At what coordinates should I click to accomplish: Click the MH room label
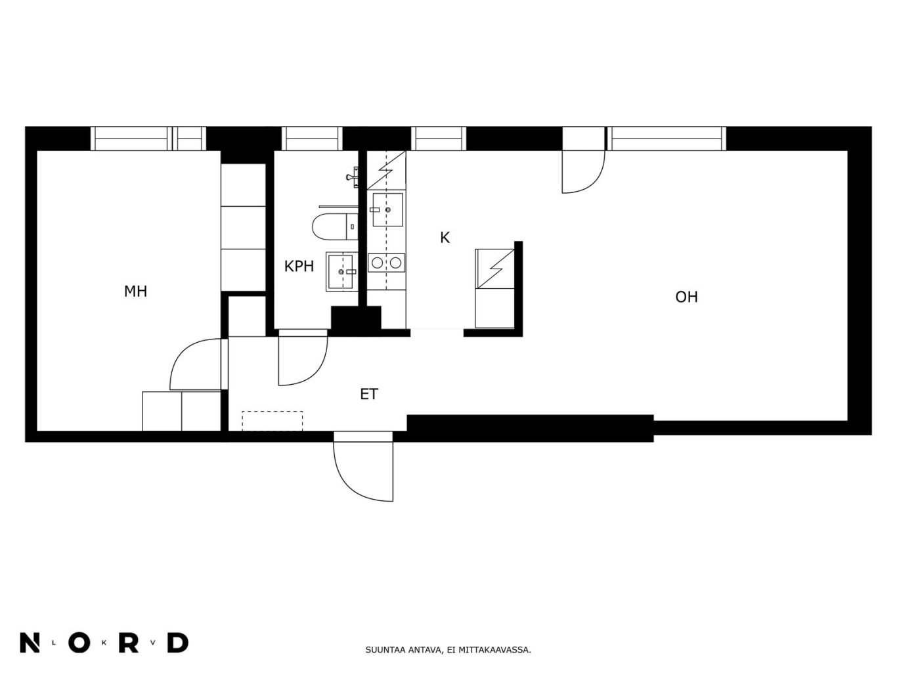[x=135, y=292]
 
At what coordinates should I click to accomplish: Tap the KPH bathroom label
[x=299, y=267]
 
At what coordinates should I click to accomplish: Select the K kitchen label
[x=445, y=238]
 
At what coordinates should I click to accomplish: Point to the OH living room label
[x=686, y=297]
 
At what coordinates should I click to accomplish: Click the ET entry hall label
[x=369, y=395]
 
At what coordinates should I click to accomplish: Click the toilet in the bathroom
[x=335, y=226]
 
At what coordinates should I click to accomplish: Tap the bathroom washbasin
[x=341, y=272]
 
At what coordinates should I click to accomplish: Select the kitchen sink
[x=387, y=209]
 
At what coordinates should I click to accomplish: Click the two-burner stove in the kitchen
[x=386, y=263]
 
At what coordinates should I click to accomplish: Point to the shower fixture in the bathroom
[x=352, y=177]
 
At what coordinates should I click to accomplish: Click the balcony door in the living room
[x=583, y=171]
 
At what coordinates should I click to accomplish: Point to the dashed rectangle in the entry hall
[x=272, y=420]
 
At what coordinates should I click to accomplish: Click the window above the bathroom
[x=312, y=139]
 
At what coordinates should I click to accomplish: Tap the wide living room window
[x=667, y=139]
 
